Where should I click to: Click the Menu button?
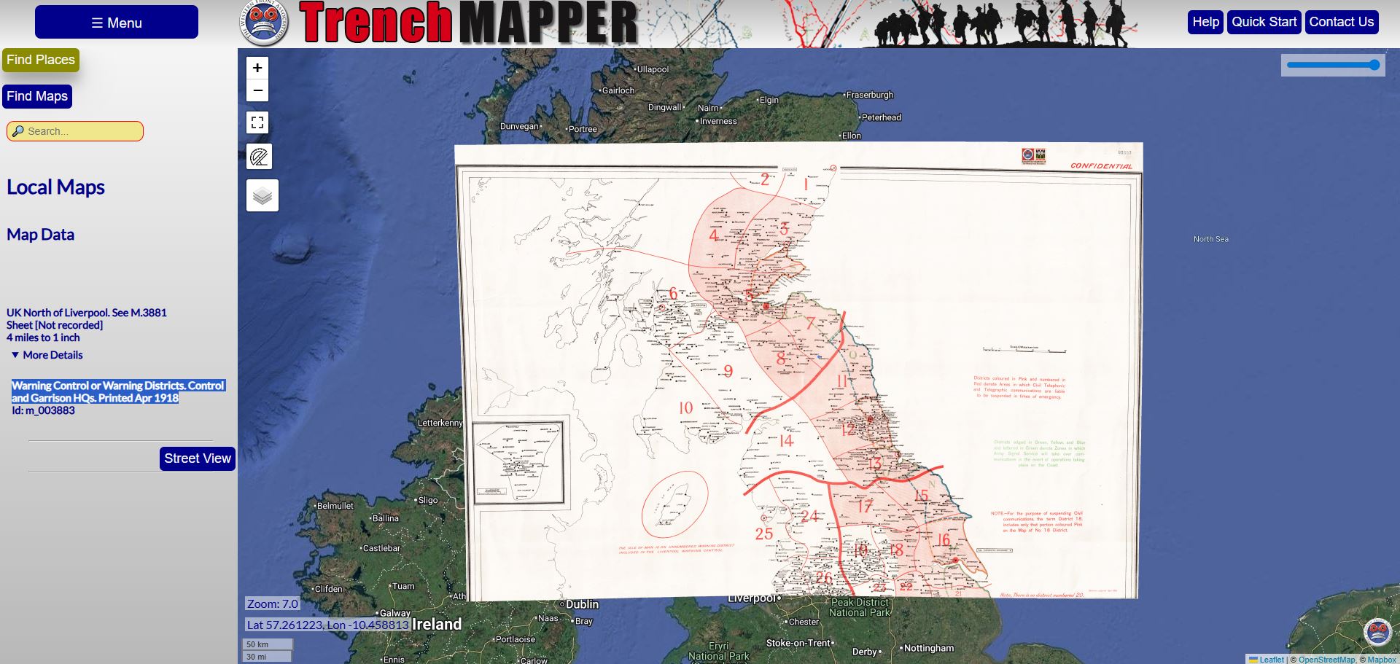[117, 23]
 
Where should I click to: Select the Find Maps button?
[37, 96]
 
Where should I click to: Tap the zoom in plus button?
[257, 68]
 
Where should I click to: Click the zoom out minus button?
[257, 90]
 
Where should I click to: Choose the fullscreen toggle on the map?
[257, 122]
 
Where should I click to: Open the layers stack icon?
[262, 195]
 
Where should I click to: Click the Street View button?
[197, 458]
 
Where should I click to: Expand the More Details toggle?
[47, 355]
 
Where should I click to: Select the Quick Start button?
[1264, 22]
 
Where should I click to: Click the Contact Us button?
[1341, 22]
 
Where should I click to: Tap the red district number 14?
[785, 441]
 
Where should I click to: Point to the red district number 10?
[685, 408]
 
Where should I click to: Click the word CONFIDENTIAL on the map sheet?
[1101, 166]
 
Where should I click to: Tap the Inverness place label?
[718, 121]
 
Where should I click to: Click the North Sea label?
[1210, 239]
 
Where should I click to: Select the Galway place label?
[394, 613]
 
